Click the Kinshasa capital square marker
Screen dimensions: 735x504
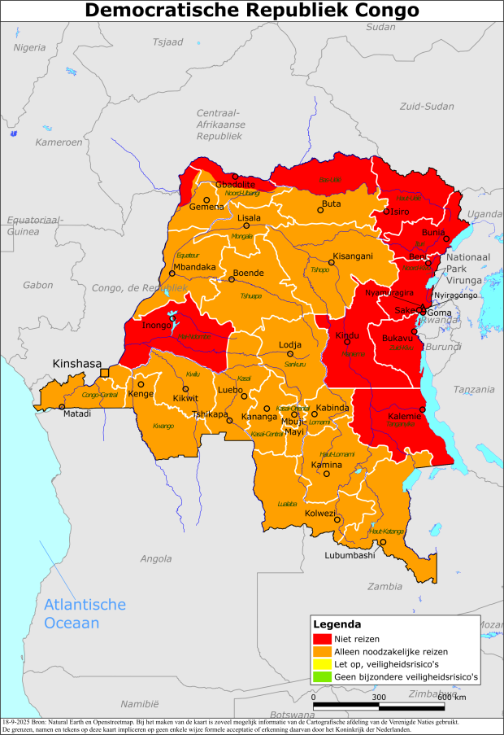pyautogui.click(x=104, y=374)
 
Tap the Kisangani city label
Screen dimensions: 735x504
pyautogui.click(x=353, y=256)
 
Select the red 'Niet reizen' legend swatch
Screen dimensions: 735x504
pyautogui.click(x=323, y=639)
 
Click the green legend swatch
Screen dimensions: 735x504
pyautogui.click(x=323, y=676)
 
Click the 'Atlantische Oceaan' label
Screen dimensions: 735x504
pyautogui.click(x=85, y=614)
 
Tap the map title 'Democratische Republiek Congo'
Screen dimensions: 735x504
pyautogui.click(x=252, y=11)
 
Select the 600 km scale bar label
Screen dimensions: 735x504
pyautogui.click(x=452, y=697)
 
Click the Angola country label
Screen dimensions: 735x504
pyautogui.click(x=156, y=559)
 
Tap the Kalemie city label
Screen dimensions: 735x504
pyautogui.click(x=405, y=416)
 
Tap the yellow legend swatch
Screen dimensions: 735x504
pyautogui.click(x=323, y=664)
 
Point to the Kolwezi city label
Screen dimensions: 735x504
pyautogui.click(x=319, y=514)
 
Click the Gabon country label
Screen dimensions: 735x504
pyautogui.click(x=37, y=285)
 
